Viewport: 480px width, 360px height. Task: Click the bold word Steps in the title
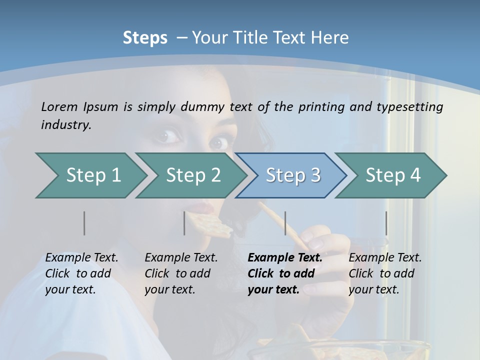145,38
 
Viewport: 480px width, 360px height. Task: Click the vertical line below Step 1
84,223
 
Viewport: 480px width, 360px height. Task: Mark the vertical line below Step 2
184,223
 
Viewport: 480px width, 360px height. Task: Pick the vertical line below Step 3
285,223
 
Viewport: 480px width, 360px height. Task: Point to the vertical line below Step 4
386,223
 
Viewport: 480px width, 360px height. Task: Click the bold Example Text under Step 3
285,258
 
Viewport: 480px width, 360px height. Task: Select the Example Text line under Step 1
81,258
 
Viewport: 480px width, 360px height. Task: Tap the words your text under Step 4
373,289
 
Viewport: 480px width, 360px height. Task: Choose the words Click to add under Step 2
177,274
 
